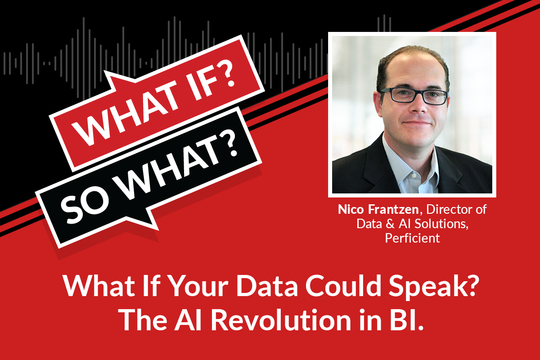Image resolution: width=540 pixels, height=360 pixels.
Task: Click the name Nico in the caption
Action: [351, 209]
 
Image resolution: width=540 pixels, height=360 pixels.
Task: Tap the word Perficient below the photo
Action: [412, 238]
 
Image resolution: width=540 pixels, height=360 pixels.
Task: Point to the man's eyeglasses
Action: [414, 96]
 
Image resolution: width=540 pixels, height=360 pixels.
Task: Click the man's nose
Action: [418, 106]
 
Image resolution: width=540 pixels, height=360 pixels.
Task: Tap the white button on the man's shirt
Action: [414, 176]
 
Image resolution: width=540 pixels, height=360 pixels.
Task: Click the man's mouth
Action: [416, 123]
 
